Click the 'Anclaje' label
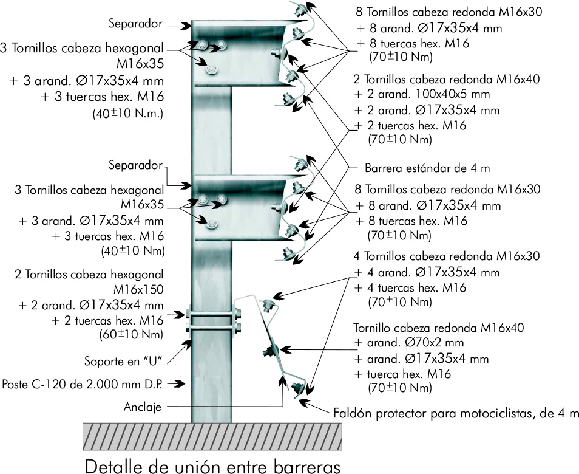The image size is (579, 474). pos(143,407)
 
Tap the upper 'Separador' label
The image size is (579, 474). pos(136,24)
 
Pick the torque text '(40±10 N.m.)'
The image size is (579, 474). pos(129,113)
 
